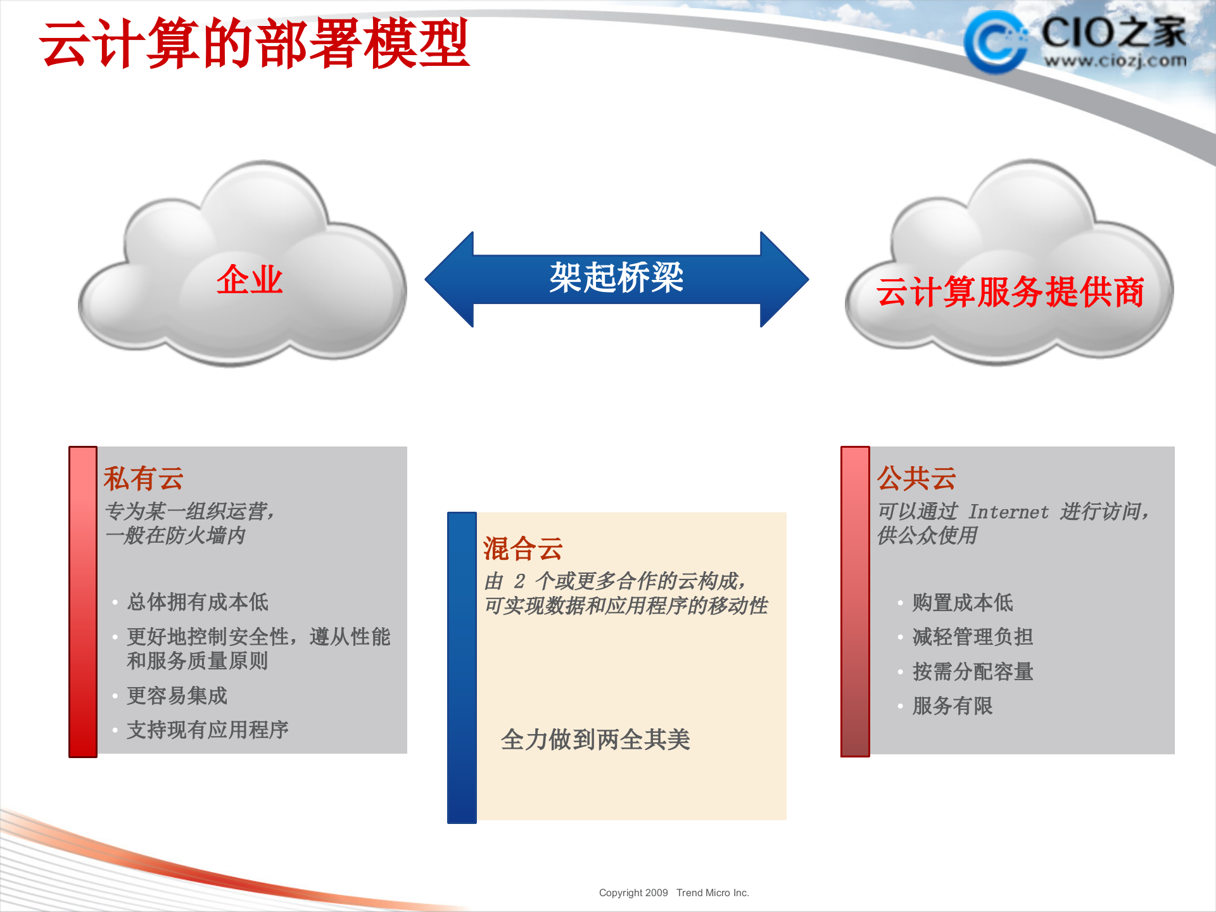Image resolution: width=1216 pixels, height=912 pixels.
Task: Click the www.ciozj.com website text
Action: pos(1115,61)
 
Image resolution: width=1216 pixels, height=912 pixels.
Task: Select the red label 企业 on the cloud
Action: pos(249,279)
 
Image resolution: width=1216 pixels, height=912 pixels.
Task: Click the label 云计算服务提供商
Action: pos(1010,292)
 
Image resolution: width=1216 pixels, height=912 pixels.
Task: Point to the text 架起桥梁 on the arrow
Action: pos(616,278)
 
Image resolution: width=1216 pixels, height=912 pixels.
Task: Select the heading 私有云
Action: pos(143,478)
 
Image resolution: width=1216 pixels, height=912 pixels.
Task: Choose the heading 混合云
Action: pos(522,548)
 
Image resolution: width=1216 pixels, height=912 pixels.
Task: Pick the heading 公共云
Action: pos(916,478)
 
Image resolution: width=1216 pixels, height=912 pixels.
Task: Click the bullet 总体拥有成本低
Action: pos(198,602)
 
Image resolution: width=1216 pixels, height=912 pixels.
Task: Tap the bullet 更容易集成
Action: pos(177,695)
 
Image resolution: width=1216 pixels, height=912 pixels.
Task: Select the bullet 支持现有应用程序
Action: pos(207,730)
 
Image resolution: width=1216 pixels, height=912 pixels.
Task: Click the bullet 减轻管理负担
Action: pos(972,636)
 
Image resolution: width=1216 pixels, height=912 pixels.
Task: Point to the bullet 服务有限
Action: pos(952,706)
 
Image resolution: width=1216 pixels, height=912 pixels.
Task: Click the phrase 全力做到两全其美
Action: pos(595,739)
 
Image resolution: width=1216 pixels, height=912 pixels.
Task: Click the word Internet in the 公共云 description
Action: pos(1008,512)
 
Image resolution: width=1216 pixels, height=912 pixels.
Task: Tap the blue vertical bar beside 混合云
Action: pos(462,668)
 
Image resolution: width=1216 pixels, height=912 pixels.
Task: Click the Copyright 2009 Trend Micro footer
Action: pos(673,892)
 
